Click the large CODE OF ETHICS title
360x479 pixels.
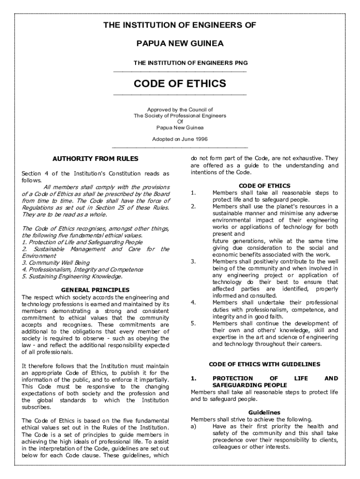180,84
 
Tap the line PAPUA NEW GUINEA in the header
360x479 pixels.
180,44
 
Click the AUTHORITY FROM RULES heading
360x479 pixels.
95,159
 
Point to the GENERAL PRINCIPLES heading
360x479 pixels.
95,290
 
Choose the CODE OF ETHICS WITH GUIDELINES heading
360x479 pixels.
264,364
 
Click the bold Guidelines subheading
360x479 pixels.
264,413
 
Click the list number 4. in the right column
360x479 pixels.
193,303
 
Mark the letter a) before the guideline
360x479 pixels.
194,426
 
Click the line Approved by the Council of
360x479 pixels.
180,109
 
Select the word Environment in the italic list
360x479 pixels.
39,256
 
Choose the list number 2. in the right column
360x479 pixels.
193,206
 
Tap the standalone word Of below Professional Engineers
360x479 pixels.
180,121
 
